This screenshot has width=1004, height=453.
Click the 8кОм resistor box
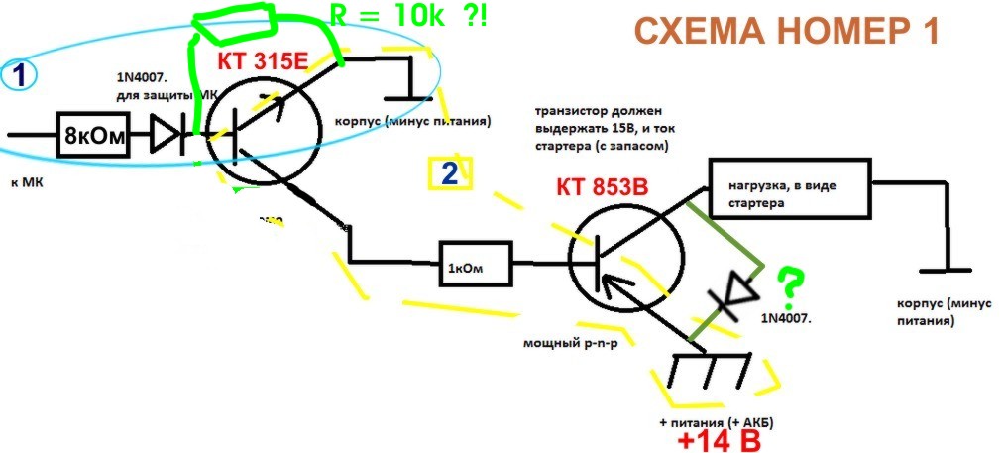94,137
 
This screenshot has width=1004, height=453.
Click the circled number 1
19,74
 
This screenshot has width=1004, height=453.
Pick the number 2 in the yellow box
449,174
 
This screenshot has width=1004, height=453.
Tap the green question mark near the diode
790,282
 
